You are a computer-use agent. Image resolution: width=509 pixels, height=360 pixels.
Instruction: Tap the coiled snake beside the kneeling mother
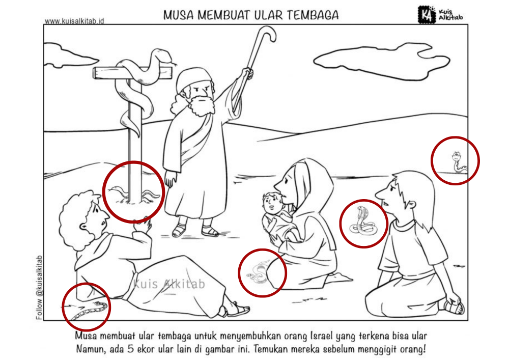(258, 272)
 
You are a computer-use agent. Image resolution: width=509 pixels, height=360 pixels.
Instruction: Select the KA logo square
(427, 15)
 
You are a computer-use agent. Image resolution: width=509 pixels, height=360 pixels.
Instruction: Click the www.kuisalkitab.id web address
(74, 21)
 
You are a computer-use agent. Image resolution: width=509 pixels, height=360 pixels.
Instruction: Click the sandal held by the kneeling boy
(454, 307)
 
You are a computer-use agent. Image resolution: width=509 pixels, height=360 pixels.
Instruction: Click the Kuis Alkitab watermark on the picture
(169, 284)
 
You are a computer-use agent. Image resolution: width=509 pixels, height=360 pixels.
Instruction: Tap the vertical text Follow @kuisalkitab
(39, 288)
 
